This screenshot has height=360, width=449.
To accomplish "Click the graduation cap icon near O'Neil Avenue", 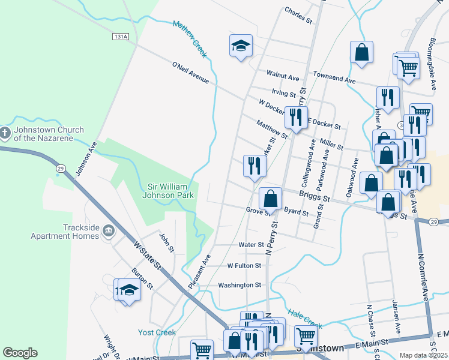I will tap(241, 46).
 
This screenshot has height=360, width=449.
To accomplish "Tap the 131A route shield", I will tap(120, 37).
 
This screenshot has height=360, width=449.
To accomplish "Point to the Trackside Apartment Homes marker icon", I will tap(109, 230).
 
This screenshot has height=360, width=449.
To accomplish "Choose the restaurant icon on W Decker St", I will tap(296, 117).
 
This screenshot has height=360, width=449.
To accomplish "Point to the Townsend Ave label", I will tap(334, 79).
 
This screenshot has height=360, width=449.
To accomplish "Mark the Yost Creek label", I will tap(157, 332).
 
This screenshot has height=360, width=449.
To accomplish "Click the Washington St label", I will tap(240, 285).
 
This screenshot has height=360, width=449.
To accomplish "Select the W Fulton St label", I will tap(244, 265).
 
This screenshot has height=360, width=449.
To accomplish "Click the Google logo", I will tap(20, 352).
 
